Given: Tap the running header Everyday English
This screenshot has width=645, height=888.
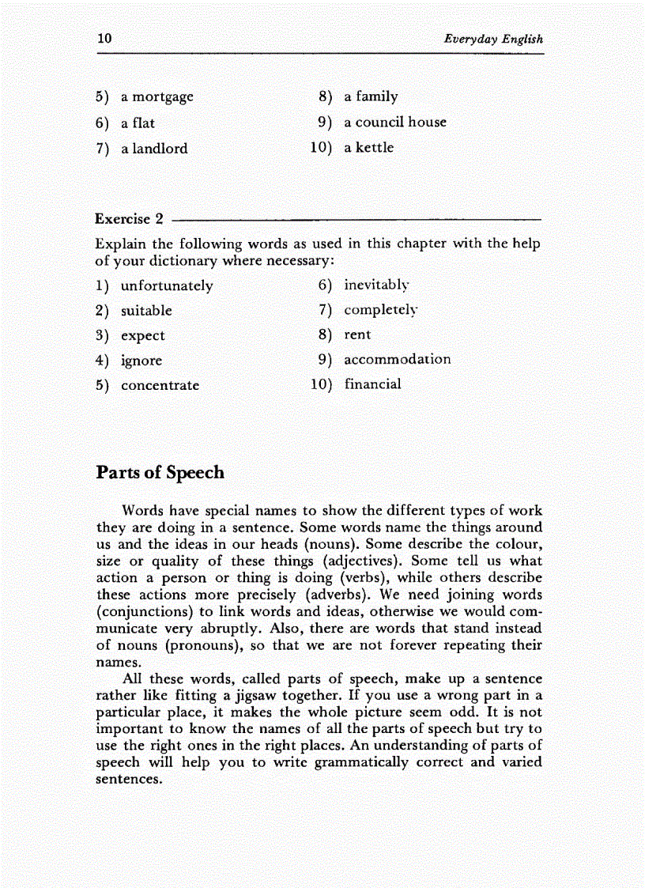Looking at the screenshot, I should click(493, 39).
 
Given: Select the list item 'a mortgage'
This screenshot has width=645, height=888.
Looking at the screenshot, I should click(157, 98).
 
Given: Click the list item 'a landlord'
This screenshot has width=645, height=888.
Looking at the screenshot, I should click(154, 149).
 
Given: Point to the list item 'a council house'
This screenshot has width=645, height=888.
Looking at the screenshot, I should click(394, 123).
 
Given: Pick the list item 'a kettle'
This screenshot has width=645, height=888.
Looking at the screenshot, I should click(368, 148).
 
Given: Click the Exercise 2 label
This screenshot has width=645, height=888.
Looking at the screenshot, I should click(129, 219).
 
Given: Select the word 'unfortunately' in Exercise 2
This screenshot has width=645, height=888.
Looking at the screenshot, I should click(167, 286).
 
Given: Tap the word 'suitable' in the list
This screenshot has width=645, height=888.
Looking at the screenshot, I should click(146, 311).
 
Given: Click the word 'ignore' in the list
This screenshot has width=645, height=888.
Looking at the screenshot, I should click(141, 361).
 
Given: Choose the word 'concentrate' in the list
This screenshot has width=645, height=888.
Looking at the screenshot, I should click(160, 386).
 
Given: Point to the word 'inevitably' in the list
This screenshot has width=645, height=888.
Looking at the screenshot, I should click(376, 285).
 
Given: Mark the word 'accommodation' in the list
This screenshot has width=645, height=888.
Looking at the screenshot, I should click(397, 360).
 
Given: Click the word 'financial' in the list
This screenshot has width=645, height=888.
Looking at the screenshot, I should click(372, 384).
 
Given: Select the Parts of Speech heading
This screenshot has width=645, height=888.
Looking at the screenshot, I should click(160, 473).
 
